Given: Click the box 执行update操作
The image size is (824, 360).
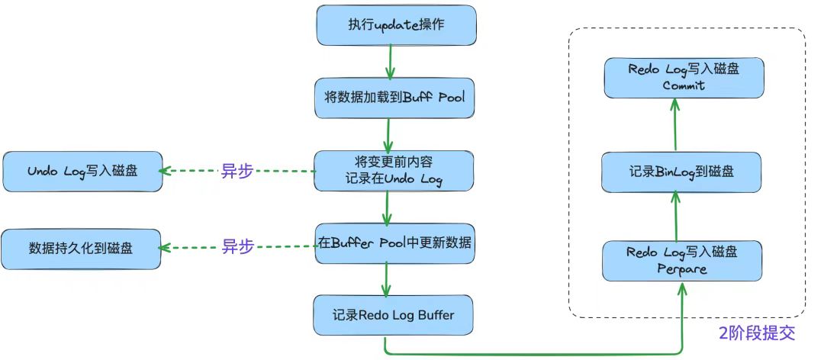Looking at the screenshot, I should coord(396,25).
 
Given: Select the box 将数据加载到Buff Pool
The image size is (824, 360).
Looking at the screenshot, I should coord(394,98).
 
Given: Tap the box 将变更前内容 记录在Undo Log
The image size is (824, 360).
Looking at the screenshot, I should coord(394,171).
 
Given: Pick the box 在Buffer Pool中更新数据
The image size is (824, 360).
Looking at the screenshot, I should coord(394,244).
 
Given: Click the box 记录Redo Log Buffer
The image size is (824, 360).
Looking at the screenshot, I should coord(394,315).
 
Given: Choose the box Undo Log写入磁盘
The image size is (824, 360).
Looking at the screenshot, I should coord(82,171).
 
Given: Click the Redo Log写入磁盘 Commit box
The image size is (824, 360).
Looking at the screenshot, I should coord(684,77).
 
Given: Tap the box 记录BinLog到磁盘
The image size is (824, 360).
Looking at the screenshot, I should coord(681,172).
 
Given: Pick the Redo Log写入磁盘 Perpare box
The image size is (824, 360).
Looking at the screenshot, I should coord(681,259).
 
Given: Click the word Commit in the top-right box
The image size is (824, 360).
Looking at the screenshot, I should coord(684,85).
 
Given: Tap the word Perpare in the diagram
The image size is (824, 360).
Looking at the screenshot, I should coord(682,268).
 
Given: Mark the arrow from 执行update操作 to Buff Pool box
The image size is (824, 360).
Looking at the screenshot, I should coord(390,61).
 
